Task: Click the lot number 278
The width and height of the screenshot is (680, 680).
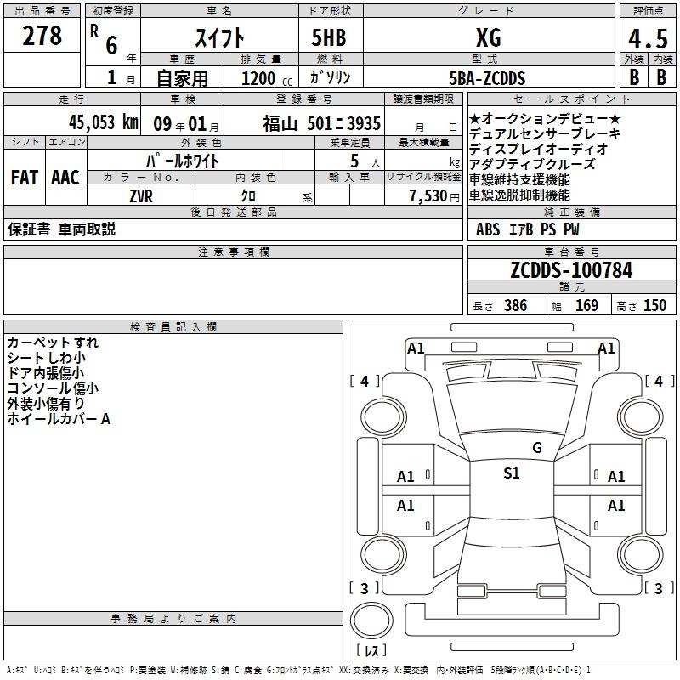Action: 42,37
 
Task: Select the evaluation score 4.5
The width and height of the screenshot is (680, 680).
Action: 646,39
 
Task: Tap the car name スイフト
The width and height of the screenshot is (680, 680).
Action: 220,38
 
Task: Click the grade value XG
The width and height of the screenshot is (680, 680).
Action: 488,38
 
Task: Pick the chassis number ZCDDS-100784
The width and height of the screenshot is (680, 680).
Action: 571,270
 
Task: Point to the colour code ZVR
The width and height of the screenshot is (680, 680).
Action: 141,195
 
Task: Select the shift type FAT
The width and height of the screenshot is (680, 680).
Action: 25,178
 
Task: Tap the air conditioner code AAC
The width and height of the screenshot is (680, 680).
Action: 65,178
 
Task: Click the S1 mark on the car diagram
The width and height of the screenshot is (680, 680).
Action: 511,473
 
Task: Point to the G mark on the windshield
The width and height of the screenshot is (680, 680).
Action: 536,448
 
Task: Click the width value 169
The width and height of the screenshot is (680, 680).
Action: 586,305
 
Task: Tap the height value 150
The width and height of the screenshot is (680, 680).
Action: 654,305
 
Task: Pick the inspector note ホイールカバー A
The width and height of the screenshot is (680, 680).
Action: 59,419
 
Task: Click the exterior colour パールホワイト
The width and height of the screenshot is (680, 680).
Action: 183,161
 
